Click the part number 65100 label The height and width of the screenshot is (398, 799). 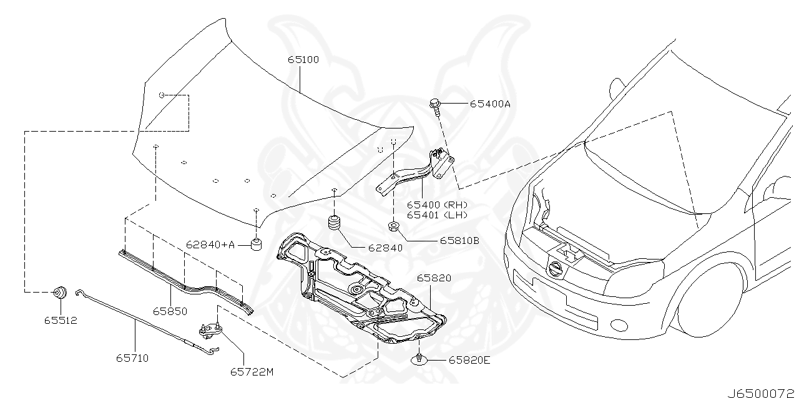303,60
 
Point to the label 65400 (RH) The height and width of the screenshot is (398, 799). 437,205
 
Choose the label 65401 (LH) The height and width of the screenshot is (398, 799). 437,215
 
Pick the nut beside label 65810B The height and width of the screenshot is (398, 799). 393,226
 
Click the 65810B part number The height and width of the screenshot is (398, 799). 459,240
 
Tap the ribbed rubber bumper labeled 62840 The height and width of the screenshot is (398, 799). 336,223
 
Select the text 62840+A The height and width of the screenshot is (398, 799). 210,245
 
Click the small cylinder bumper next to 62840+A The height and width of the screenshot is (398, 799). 255,244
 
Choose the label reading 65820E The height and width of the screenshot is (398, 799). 469,361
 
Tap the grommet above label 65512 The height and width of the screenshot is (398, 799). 61,292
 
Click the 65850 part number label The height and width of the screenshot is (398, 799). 170,310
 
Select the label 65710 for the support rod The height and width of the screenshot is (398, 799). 132,358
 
